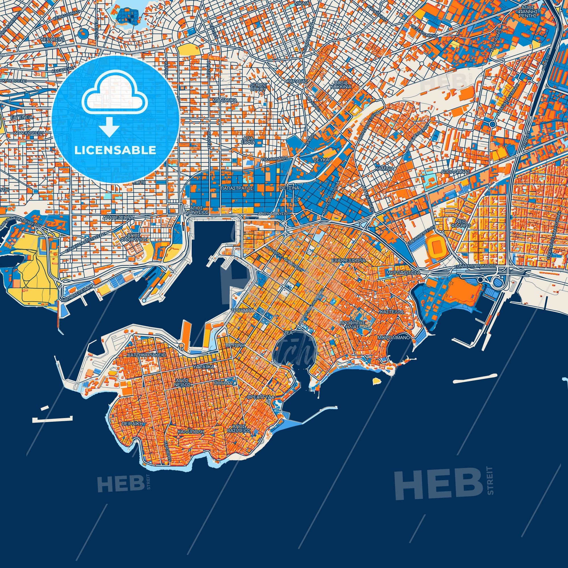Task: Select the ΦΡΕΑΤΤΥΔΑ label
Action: [x=261, y=397]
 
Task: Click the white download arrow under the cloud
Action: [x=109, y=127]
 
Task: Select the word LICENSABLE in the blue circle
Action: [x=115, y=150]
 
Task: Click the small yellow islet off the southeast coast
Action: [x=377, y=381]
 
